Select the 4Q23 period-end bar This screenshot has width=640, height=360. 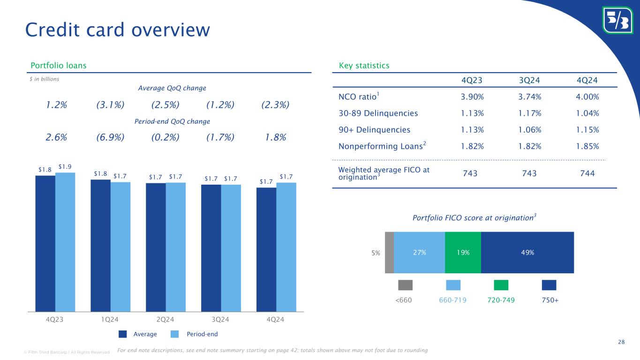pyautogui.click(x=65, y=242)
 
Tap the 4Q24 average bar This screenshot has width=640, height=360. pyautogui.click(x=266, y=249)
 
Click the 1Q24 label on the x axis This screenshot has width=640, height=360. pyautogui.click(x=110, y=319)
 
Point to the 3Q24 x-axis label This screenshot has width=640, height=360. pyautogui.click(x=220, y=319)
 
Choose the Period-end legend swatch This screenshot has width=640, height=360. pyautogui.click(x=174, y=334)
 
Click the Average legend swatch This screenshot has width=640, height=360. pyautogui.click(x=122, y=334)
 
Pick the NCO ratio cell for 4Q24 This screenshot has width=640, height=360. pyautogui.click(x=587, y=97)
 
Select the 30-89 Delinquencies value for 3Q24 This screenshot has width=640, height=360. pyautogui.click(x=530, y=113)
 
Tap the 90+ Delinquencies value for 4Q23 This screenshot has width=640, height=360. pyautogui.click(x=472, y=130)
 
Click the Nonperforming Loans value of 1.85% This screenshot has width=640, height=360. pyautogui.click(x=587, y=147)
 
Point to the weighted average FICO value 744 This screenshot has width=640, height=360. pyautogui.click(x=587, y=173)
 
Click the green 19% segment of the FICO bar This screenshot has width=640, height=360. pyautogui.click(x=463, y=253)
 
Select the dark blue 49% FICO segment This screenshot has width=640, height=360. pyautogui.click(x=527, y=253)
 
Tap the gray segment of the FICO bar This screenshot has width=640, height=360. pyautogui.click(x=390, y=253)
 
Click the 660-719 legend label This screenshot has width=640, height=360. pyautogui.click(x=452, y=300)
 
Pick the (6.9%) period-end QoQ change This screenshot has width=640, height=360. pyautogui.click(x=110, y=137)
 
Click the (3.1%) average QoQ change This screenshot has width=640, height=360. pyautogui.click(x=110, y=105)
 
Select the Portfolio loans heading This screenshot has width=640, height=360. pyautogui.click(x=59, y=66)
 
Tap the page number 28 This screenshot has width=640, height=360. pyautogui.click(x=621, y=342)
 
